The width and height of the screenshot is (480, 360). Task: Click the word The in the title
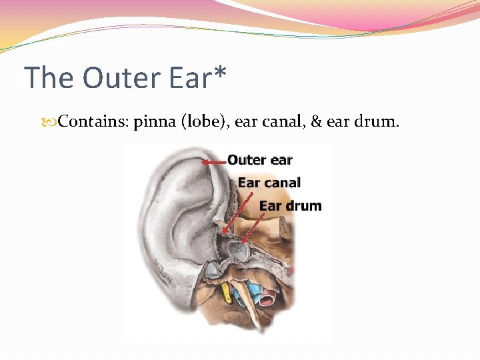[x=49, y=77]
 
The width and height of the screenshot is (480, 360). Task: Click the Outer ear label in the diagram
[x=260, y=160]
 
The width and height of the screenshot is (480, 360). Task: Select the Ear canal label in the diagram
[x=269, y=182]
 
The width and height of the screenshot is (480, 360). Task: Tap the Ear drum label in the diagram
[x=290, y=205]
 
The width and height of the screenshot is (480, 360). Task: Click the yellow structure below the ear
[x=227, y=291]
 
